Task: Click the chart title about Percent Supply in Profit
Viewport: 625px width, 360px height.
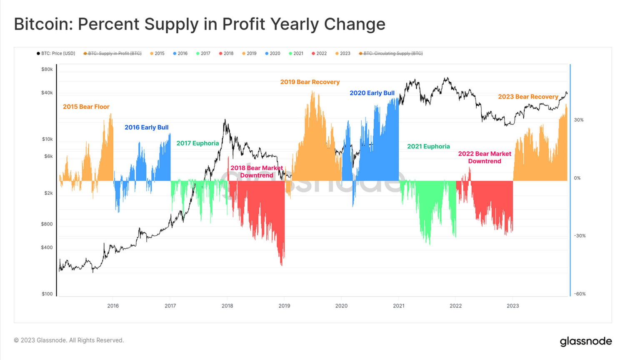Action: pyautogui.click(x=200, y=24)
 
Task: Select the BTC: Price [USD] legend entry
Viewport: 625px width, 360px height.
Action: pyautogui.click(x=56, y=53)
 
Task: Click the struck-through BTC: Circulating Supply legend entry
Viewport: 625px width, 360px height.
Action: pyautogui.click(x=391, y=53)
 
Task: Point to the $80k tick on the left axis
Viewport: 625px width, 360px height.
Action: pyautogui.click(x=47, y=69)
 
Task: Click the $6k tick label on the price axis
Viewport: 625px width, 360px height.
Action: pyautogui.click(x=48, y=156)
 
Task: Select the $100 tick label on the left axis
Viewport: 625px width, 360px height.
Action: pyautogui.click(x=47, y=294)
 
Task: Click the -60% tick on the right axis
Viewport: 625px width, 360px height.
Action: pyautogui.click(x=580, y=294)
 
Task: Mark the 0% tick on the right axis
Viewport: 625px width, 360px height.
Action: pyautogui.click(x=577, y=178)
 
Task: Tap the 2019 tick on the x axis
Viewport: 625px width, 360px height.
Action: pyautogui.click(x=284, y=306)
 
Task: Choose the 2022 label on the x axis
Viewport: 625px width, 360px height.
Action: pyautogui.click(x=455, y=306)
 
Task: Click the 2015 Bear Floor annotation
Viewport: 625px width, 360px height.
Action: pyautogui.click(x=86, y=107)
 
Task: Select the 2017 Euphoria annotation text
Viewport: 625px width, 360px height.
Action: pyautogui.click(x=197, y=143)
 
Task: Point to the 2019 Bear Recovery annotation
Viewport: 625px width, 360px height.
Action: pyautogui.click(x=310, y=82)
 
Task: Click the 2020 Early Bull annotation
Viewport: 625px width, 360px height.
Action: pyautogui.click(x=372, y=93)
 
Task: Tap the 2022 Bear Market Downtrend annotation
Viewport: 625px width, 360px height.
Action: pyautogui.click(x=485, y=157)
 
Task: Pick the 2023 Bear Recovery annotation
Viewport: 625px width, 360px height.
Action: pyautogui.click(x=528, y=97)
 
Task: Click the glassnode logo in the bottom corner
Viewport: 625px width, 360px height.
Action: pyautogui.click(x=585, y=341)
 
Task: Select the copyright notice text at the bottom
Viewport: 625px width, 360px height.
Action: pyautogui.click(x=69, y=340)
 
